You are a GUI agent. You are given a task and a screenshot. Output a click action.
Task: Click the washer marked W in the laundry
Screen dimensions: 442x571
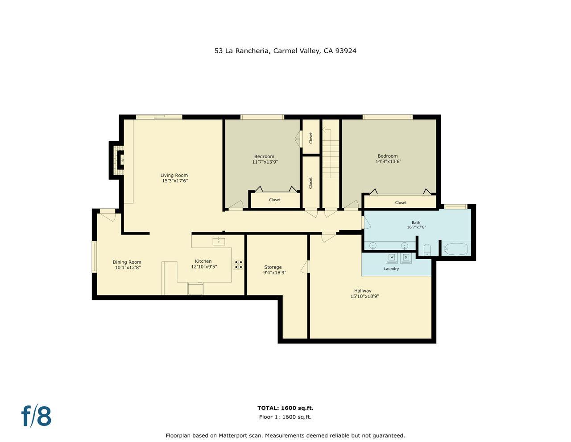click(392, 257)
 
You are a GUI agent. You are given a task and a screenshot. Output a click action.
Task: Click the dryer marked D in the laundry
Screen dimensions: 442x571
click(406, 257)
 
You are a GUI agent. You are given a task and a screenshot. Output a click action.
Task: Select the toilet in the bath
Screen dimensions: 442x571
click(427, 249)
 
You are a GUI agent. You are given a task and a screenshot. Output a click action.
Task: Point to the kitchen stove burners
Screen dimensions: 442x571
click(238, 264)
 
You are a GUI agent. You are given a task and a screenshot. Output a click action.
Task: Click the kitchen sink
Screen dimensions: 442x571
click(219, 241)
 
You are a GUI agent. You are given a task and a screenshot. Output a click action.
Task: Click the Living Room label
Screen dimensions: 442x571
click(174, 175)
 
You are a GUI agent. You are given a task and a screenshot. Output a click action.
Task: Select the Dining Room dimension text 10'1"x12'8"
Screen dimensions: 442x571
click(128, 268)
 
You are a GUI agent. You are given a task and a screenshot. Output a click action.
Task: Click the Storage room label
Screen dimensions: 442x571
click(273, 267)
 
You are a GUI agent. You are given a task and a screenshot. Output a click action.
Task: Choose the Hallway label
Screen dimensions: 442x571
click(363, 290)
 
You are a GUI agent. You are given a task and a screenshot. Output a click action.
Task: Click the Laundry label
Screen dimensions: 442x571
click(391, 269)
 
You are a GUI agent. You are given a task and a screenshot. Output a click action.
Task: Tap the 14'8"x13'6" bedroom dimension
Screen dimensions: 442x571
click(388, 162)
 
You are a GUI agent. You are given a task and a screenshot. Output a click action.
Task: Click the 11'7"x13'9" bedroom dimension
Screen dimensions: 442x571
click(265, 162)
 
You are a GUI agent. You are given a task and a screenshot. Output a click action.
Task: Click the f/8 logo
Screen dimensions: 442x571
click(37, 416)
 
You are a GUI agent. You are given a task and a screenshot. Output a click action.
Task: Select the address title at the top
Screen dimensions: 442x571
click(285, 51)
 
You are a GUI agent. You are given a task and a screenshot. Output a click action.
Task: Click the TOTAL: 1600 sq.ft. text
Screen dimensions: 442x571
click(285, 408)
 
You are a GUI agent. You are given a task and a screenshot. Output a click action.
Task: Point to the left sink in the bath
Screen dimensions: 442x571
click(373, 245)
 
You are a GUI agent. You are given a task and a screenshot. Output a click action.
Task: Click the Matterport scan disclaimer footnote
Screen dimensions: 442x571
click(285, 435)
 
